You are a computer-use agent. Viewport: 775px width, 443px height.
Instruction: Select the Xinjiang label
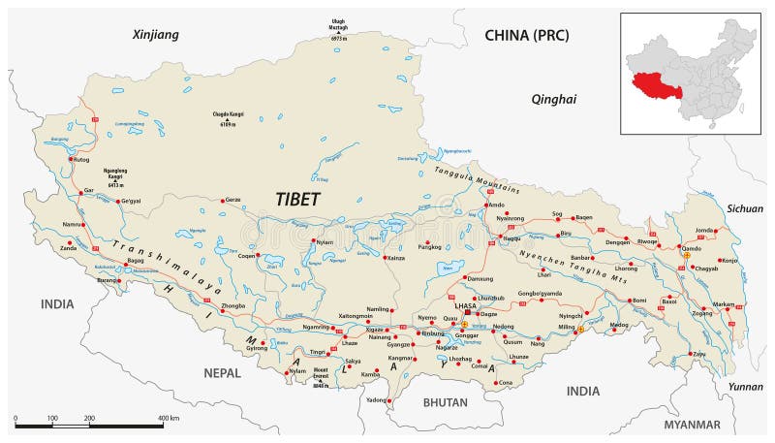[156, 35]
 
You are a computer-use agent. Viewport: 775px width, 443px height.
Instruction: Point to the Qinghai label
[554, 99]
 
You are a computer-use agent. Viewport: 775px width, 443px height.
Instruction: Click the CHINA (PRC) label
[526, 36]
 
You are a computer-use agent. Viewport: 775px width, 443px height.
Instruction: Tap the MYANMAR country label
[692, 425]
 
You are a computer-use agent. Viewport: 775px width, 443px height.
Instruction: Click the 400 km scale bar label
[169, 418]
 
